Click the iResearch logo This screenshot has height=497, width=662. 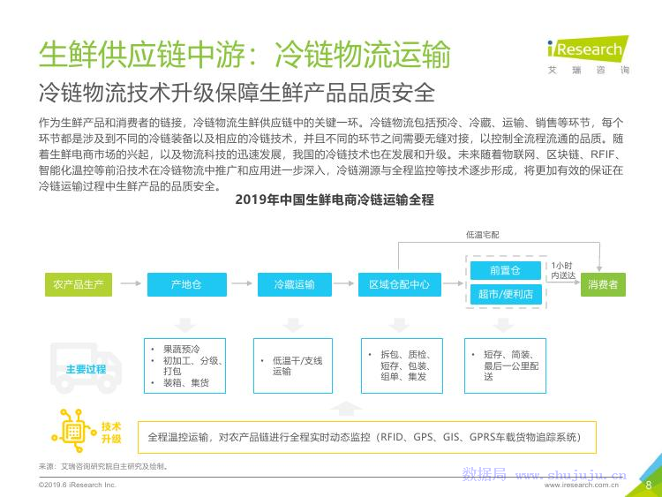point(588,55)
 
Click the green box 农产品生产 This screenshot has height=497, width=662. point(79,284)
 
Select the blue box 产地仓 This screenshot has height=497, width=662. point(186,284)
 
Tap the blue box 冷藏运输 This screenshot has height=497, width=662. point(294,284)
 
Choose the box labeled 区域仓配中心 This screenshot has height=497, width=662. point(399,284)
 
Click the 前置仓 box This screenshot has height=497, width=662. point(506,270)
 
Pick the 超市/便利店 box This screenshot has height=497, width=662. point(506,294)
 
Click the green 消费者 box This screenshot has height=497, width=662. point(603,284)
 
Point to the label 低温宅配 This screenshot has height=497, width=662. point(482,235)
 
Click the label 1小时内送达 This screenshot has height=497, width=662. point(562,270)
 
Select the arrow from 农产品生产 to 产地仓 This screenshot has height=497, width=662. point(131,283)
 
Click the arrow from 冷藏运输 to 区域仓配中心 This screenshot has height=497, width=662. point(343,283)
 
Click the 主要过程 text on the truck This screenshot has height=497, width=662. point(87,370)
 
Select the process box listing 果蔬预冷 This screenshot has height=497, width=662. point(185,365)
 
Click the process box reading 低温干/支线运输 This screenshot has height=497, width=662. point(293,365)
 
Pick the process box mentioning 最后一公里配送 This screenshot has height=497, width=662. point(506,365)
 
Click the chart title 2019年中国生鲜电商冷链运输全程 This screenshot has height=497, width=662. point(335,200)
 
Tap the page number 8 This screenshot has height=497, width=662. point(649,486)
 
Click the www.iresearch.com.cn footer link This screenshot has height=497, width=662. point(582,486)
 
